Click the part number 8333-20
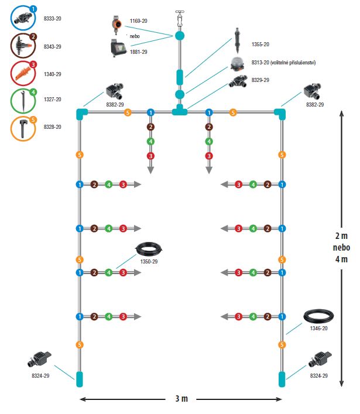(x=54, y=19)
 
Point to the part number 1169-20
(x=138, y=21)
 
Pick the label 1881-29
(x=138, y=52)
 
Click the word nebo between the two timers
(x=135, y=36)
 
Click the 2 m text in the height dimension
(x=341, y=236)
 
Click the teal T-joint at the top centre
(x=179, y=111)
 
